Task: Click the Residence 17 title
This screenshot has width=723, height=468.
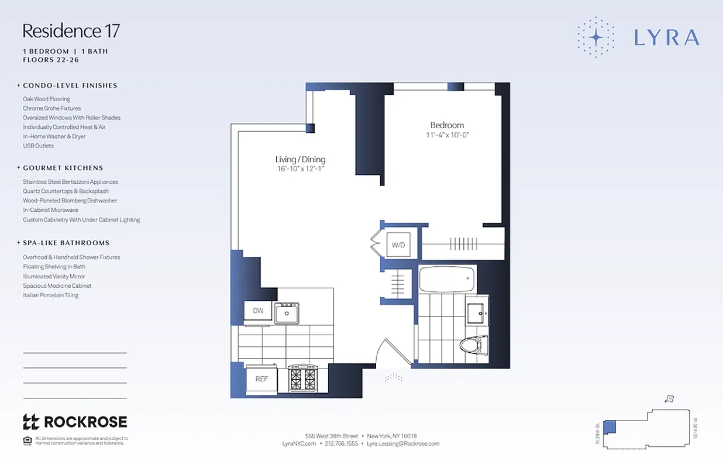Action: click(x=71, y=30)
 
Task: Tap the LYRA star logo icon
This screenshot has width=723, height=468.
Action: click(x=595, y=37)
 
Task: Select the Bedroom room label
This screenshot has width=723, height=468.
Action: click(x=447, y=125)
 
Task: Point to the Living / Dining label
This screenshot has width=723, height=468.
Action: click(x=300, y=160)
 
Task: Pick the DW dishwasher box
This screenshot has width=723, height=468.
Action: click(x=258, y=311)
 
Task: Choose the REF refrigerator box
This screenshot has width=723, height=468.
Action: click(x=261, y=379)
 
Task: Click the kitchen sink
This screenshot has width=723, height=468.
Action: click(x=287, y=313)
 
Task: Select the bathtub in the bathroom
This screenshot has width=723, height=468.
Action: click(x=447, y=279)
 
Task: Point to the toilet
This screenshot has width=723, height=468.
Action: click(x=473, y=345)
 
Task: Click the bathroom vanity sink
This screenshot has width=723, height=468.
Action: click(x=477, y=314)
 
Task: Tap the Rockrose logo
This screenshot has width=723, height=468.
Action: click(x=74, y=422)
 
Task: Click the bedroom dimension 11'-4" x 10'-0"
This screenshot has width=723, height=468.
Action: click(x=447, y=136)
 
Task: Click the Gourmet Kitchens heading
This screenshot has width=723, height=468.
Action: click(x=63, y=168)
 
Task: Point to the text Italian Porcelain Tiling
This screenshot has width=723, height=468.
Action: click(x=50, y=295)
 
